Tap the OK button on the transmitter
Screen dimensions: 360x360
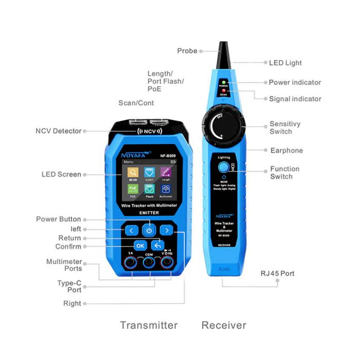point(140,245)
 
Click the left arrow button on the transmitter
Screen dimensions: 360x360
point(131,230)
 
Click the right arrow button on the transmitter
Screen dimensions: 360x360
point(166,230)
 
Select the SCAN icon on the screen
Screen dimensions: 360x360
point(133,174)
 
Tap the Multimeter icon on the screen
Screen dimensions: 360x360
point(166,191)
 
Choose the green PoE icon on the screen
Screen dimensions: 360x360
point(133,191)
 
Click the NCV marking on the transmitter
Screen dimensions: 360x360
point(149,131)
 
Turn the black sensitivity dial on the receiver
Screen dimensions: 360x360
point(224,125)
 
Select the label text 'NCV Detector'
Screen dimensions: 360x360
point(58,131)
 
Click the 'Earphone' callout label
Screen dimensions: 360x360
point(286,151)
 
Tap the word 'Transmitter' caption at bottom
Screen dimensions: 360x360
point(149,325)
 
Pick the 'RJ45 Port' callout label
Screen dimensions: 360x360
point(278,273)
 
